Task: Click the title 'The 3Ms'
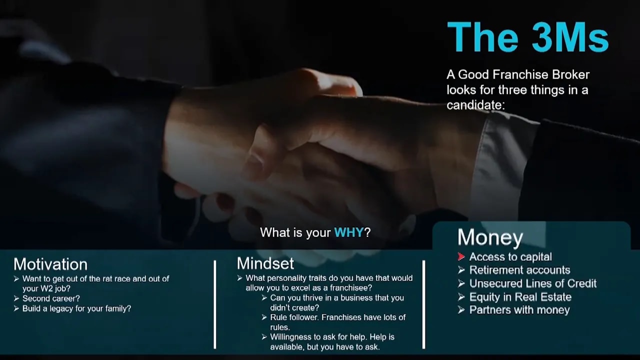click(x=527, y=37)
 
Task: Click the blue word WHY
click(x=348, y=232)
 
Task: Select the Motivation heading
click(x=50, y=264)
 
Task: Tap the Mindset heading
click(x=265, y=263)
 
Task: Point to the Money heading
click(x=490, y=237)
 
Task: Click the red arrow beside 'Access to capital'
click(x=461, y=257)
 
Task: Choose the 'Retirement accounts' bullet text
click(x=519, y=270)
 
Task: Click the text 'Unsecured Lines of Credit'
click(x=532, y=283)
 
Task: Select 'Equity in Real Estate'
click(x=520, y=297)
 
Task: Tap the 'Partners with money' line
click(x=519, y=310)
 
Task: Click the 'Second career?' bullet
click(x=51, y=298)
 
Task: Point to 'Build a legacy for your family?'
click(x=76, y=308)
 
